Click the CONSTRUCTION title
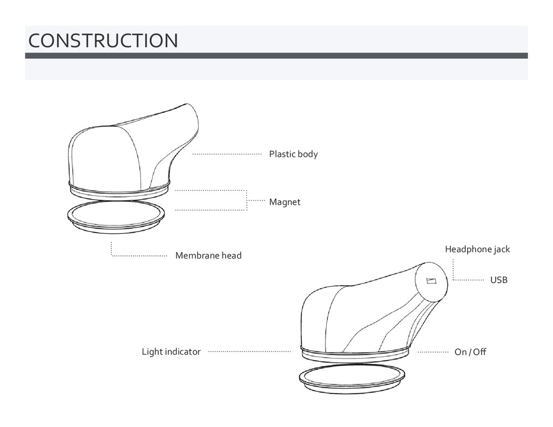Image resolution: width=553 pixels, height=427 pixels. click(103, 40)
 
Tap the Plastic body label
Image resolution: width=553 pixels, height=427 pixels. click(293, 154)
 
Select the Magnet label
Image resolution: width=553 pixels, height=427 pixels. click(285, 202)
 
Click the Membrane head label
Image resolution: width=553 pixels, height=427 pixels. click(208, 255)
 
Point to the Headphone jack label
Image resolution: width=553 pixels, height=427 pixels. click(477, 249)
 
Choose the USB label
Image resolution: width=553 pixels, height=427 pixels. click(498, 280)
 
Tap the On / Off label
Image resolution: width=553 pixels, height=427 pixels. click(470, 352)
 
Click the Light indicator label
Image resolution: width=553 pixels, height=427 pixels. click(171, 352)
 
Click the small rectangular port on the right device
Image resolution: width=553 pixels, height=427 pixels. click(431, 280)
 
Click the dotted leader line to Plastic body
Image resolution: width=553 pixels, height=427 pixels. click(227, 154)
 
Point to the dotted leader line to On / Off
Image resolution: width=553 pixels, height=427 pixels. click(433, 352)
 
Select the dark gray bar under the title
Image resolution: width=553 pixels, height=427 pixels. click(276, 56)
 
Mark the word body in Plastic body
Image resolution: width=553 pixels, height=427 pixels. click(307, 154)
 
